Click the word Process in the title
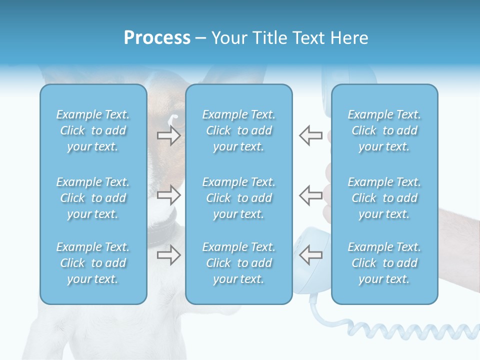click(157, 38)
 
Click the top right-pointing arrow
click(169, 135)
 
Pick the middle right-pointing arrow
click(169, 195)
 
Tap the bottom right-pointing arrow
click(169, 255)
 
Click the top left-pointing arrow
click(310, 135)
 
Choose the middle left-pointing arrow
click(310, 195)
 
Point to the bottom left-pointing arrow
click(310, 255)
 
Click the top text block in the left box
click(93, 130)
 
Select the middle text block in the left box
click(93, 198)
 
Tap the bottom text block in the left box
click(93, 263)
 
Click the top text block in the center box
click(239, 130)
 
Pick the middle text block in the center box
click(239, 198)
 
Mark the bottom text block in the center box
click(239, 263)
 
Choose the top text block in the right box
click(384, 130)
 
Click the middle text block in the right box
click(384, 198)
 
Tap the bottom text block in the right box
click(384, 263)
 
